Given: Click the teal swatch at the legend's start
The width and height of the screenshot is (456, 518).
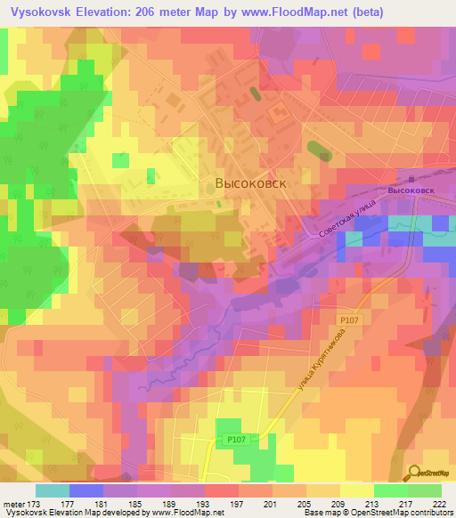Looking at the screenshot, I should [53, 490].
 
